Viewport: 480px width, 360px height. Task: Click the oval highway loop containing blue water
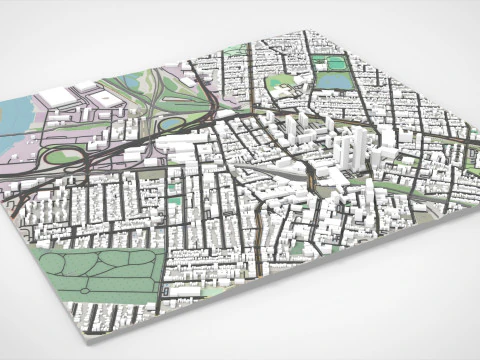(171, 124)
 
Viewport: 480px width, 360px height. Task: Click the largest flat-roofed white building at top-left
(58, 95)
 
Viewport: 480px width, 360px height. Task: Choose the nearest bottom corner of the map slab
(81, 326)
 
